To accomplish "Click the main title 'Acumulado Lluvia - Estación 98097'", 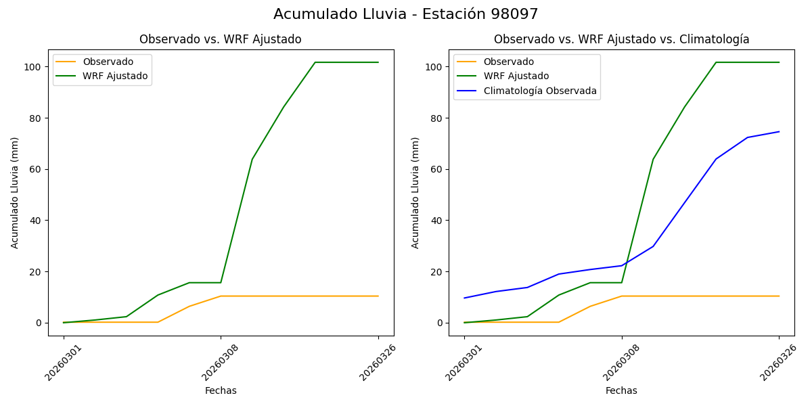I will coord(406,14).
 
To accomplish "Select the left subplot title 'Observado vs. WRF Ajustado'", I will coord(221,39).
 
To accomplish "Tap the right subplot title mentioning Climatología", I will coord(621,39).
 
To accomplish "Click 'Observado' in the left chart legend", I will coord(108,62).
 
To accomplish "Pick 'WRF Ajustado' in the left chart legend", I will coord(115,76).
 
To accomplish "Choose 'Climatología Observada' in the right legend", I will coord(539,91).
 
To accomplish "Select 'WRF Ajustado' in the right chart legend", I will coord(516,76).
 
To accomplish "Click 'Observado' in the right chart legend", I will coord(508,62).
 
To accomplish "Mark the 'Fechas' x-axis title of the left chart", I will coord(221,390).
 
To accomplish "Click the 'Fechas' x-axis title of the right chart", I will coord(621,390).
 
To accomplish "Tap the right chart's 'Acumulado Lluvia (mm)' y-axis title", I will coord(415,193).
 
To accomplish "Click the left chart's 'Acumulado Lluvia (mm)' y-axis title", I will coord(15,193).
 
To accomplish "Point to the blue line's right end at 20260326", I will coord(779,132).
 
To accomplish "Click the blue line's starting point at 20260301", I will coord(464,298).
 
